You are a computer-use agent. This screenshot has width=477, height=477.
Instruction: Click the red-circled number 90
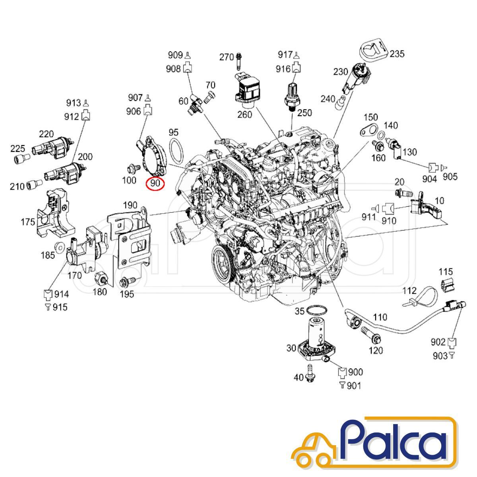[x=155, y=184]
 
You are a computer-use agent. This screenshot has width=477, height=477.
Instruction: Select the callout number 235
[x=397, y=54]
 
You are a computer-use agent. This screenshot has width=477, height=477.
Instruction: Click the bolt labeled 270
[x=239, y=62]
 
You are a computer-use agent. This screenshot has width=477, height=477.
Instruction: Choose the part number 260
[x=244, y=114]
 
